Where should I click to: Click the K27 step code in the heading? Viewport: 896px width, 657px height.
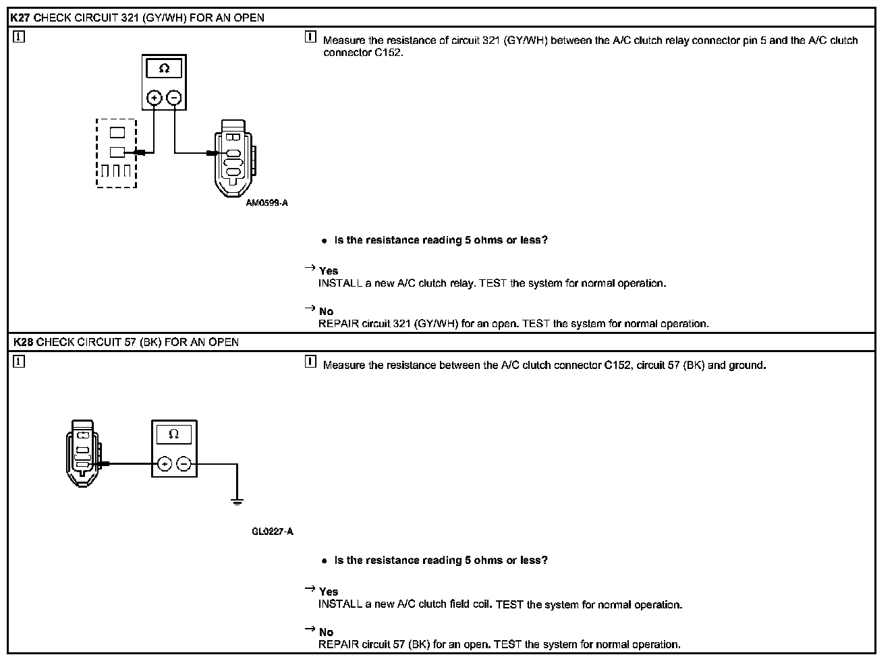(21, 18)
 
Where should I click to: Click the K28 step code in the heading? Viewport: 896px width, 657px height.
(22, 342)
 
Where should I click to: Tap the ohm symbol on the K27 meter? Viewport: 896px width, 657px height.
(164, 69)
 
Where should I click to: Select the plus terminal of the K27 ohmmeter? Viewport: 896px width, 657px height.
(155, 98)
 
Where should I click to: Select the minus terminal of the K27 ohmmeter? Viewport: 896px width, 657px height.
(174, 98)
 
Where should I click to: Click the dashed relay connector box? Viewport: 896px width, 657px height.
(117, 153)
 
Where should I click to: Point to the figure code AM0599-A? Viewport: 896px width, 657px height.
(267, 202)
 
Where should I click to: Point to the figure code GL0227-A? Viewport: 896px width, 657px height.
(273, 532)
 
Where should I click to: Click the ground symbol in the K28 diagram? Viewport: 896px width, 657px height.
(237, 501)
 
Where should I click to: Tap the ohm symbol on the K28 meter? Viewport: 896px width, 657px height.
(173, 434)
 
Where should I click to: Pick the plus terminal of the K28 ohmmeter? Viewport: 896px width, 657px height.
(164, 464)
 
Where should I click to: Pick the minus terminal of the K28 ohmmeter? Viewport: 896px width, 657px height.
(184, 464)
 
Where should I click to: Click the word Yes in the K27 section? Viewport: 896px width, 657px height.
(329, 270)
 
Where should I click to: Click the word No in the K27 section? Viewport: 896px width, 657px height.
(327, 311)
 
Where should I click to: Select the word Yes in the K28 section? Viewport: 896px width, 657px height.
(329, 592)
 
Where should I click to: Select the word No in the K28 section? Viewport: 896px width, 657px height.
(327, 632)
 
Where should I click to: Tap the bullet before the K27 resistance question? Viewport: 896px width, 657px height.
(325, 241)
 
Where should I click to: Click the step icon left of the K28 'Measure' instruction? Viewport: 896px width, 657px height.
(310, 362)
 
